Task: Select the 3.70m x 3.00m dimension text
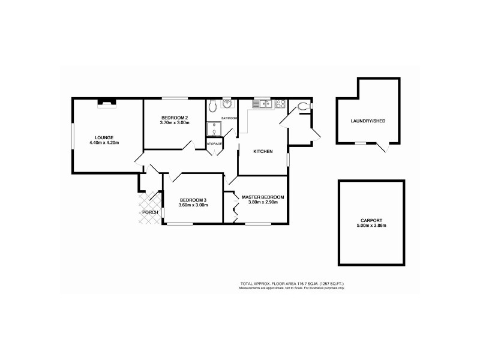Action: [175, 123]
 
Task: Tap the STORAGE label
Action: [215, 145]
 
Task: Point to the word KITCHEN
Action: [263, 152]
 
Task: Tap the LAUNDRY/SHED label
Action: [368, 122]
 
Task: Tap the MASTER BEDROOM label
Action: [262, 197]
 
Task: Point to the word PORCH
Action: [149, 212]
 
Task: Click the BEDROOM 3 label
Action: [193, 200]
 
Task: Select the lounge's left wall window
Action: [73, 134]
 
